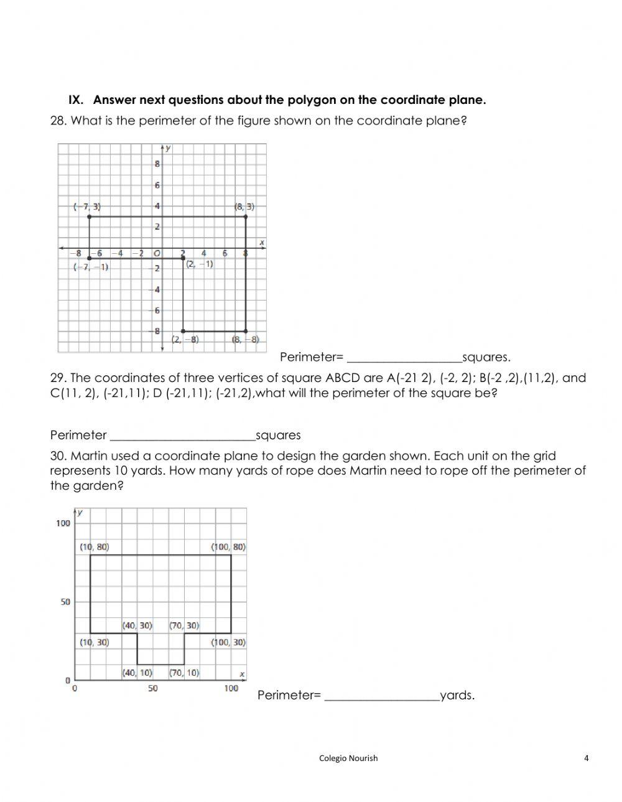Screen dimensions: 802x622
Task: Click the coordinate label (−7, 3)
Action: pos(86,206)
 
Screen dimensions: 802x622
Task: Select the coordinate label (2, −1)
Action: pos(199,264)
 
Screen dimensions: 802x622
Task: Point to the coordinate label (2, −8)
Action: pos(185,339)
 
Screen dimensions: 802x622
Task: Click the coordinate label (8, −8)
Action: pos(245,339)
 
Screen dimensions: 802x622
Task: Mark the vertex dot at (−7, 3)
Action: pos(90,217)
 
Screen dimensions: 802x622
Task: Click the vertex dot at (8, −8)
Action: pos(246,331)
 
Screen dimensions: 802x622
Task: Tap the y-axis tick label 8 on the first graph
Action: pos(157,164)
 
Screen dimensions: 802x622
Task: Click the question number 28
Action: pos(58,121)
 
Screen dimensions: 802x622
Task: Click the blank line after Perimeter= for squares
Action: pos(404,358)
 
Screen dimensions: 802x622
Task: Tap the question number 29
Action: pos(58,378)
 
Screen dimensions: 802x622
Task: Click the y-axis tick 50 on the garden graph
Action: pos(65,602)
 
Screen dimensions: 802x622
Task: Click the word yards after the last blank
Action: pos(457,696)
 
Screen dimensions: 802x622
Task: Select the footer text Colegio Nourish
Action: pos(348,758)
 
